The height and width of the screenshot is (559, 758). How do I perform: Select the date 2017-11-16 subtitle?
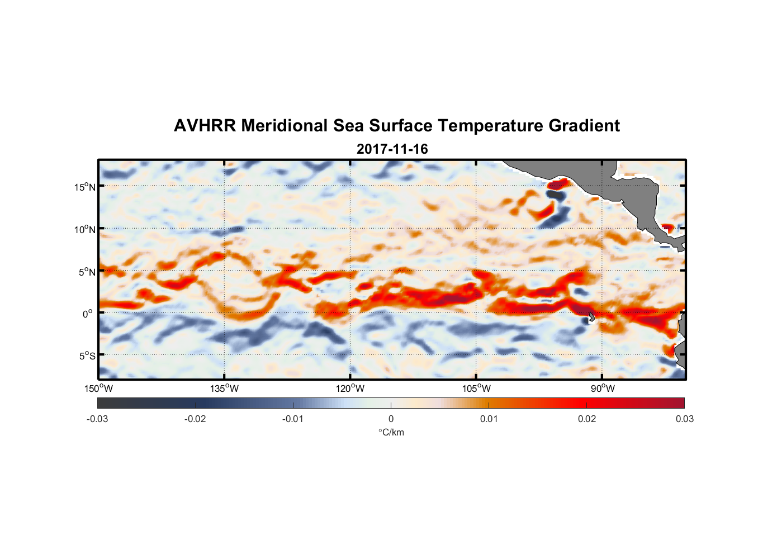392,149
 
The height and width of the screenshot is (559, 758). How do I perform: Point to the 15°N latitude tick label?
84,187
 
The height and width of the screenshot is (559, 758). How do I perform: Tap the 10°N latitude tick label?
84,229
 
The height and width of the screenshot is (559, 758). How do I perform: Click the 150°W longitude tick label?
98,389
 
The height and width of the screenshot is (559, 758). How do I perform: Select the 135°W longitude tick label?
224,389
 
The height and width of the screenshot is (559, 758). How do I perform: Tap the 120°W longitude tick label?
350,389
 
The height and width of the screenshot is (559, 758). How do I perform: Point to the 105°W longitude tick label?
476,389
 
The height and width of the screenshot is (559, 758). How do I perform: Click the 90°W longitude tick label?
603,389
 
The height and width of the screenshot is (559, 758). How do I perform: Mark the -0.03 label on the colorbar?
97,419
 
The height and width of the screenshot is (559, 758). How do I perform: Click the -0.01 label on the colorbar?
293,419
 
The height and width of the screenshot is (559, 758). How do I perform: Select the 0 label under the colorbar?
391,419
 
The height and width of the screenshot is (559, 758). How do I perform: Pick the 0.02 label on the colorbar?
587,419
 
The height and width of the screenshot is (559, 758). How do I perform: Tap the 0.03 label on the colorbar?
684,419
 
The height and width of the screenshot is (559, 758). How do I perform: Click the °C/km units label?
391,432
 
